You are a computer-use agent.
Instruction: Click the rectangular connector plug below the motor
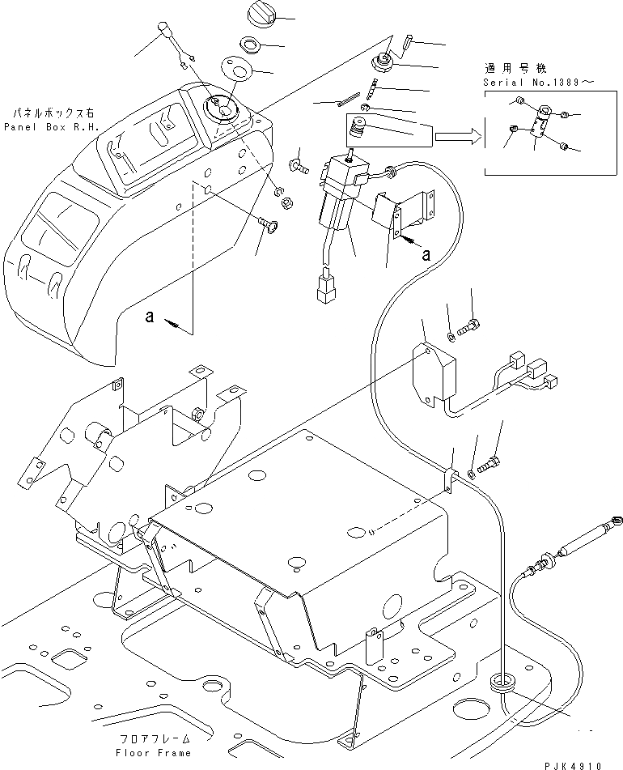pos(327,289)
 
